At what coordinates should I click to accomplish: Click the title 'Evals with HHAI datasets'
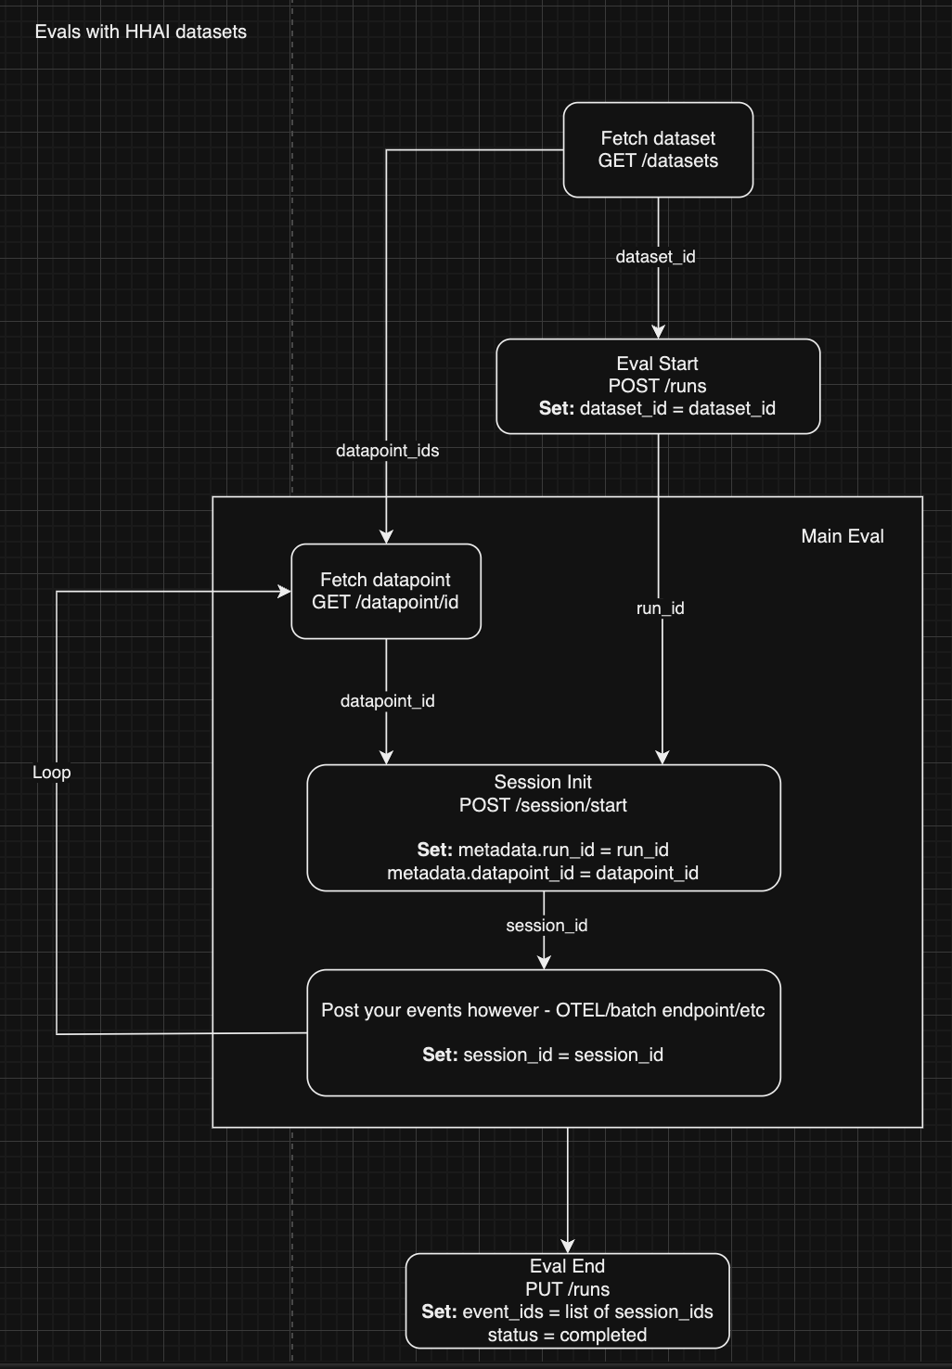140,32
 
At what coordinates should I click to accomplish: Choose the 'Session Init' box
544,827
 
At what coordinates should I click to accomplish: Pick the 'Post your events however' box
544,1031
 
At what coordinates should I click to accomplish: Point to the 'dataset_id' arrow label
655,257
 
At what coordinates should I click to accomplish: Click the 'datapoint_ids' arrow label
387,451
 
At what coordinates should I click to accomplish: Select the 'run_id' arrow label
660,608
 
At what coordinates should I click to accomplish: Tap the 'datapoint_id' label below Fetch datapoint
387,701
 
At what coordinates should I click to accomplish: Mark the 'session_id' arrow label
547,926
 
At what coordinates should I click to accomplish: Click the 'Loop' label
51,773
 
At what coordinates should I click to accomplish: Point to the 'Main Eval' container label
842,536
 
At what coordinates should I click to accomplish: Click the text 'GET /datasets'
658,160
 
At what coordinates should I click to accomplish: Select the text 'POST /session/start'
543,805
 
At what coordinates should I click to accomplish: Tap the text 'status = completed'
567,1335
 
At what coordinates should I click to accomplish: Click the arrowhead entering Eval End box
568,1246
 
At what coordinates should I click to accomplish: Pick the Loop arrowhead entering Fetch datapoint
284,591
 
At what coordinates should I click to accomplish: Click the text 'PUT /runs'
567,1289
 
